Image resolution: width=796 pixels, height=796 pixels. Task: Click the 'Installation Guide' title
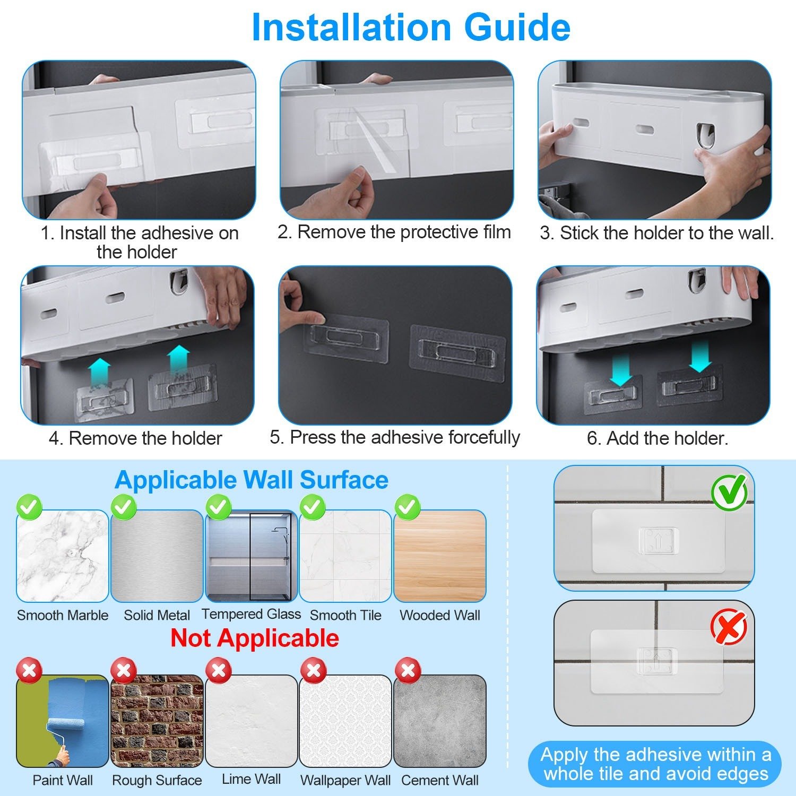pos(411,28)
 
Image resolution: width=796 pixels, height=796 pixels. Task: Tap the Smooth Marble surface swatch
pos(63,556)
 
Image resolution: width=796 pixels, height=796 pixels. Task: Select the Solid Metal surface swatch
pos(157,556)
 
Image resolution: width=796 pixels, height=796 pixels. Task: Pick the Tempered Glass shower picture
pos(251,556)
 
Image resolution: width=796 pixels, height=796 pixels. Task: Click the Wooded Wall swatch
pos(440,556)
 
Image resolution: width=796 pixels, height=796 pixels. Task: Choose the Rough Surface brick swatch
pos(157,721)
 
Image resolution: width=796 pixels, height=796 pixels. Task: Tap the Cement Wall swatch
pos(440,721)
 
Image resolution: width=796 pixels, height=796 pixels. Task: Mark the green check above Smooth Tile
pos(313,507)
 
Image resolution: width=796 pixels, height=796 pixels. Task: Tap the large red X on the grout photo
pos(729,627)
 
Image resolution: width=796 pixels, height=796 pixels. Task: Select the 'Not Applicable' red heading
pos(255,638)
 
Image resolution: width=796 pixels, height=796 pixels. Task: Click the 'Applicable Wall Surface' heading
pos(252,480)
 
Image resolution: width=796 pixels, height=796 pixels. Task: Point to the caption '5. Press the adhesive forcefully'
pos(395,437)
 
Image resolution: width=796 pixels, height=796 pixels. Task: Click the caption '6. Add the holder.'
pos(657,438)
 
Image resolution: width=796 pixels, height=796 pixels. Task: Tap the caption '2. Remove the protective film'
pos(394,232)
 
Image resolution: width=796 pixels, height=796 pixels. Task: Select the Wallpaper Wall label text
pos(345,781)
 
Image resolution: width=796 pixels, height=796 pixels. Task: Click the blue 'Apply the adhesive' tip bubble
pos(655,764)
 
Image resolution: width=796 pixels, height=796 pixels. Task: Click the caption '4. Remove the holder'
pos(135,438)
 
